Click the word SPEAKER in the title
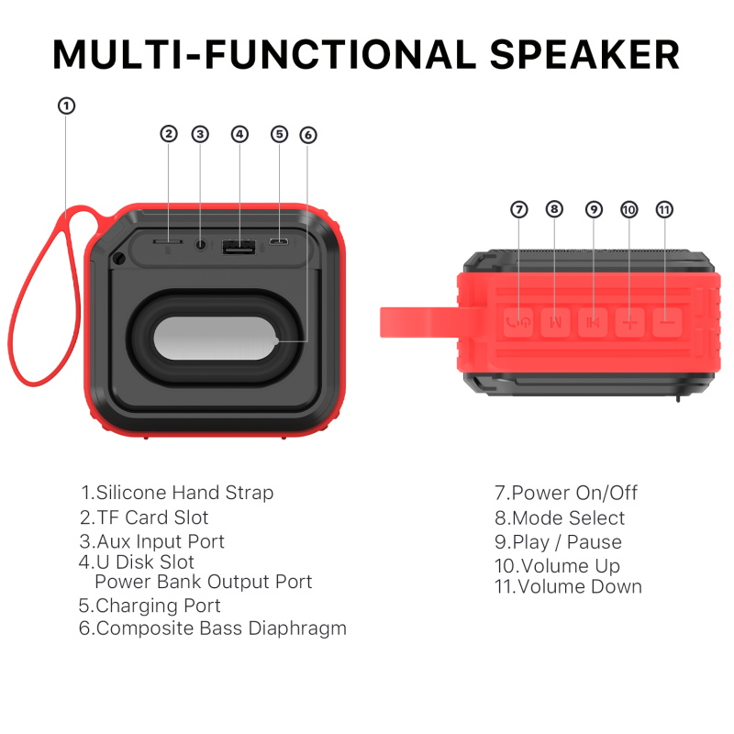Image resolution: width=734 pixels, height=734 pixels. (x=584, y=54)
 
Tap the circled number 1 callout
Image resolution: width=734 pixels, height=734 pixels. (x=66, y=106)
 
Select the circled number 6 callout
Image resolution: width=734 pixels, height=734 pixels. (x=308, y=135)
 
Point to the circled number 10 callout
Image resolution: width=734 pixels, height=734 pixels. (x=628, y=209)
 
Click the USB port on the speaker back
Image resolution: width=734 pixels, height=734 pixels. (x=239, y=246)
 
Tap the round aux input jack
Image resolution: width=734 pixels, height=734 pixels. (x=201, y=244)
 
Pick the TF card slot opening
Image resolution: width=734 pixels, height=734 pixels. (x=168, y=241)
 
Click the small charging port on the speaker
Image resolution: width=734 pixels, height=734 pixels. (x=279, y=242)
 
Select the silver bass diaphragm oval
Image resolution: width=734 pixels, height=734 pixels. (x=216, y=339)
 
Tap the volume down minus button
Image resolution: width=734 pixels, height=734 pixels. (x=667, y=322)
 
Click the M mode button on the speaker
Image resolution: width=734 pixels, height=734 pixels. (x=555, y=322)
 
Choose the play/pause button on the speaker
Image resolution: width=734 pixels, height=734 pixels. (x=593, y=322)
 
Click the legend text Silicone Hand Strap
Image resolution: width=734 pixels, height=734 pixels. (x=185, y=493)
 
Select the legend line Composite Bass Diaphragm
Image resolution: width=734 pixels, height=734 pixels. (x=222, y=628)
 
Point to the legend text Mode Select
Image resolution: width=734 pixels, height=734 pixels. (x=569, y=517)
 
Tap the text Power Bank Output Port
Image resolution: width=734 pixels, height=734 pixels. (x=203, y=582)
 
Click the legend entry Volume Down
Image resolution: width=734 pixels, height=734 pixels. (x=580, y=586)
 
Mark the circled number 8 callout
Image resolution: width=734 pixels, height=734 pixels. (x=554, y=209)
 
